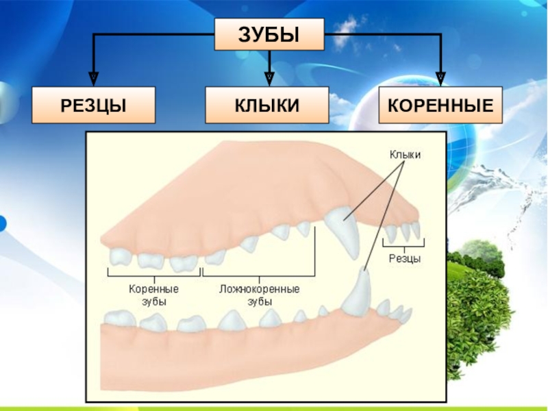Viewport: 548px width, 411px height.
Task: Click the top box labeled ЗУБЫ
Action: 269,34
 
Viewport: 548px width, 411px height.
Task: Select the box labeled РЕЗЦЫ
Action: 93,105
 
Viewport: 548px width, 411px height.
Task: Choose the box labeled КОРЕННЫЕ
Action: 440,105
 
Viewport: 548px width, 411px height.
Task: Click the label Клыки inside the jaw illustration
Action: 405,155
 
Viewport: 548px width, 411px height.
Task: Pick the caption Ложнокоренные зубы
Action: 259,295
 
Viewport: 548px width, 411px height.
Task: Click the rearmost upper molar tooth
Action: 121,256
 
